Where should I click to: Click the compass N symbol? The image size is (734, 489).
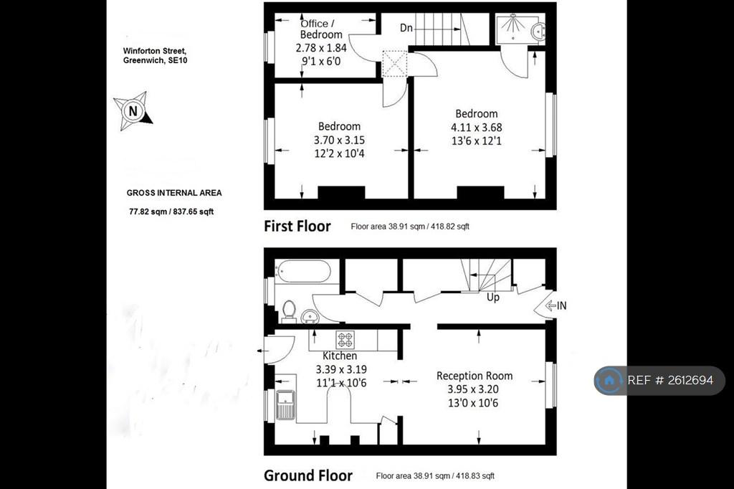[133, 111]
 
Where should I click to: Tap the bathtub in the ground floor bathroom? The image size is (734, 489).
[303, 271]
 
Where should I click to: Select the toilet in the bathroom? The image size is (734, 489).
[289, 311]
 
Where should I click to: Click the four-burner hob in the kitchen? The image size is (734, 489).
[345, 339]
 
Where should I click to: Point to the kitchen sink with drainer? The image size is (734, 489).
[285, 404]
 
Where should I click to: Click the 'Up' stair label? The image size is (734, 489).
[493, 297]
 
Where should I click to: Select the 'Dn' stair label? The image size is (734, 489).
[406, 28]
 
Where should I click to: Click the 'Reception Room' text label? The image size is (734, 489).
[475, 376]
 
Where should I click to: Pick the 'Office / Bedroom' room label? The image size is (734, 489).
[320, 29]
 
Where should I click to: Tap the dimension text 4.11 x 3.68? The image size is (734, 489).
[476, 128]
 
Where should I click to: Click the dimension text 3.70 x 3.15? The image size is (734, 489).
[339, 140]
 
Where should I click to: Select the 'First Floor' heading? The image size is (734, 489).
[297, 227]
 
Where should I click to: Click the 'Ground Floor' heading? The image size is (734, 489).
[308, 475]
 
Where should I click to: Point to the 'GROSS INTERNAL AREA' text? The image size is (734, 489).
[174, 192]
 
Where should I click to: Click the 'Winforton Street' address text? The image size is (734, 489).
[155, 51]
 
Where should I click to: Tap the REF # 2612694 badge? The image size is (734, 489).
[659, 380]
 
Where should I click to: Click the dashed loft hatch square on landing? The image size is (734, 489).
[395, 64]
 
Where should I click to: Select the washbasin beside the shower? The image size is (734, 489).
[538, 31]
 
